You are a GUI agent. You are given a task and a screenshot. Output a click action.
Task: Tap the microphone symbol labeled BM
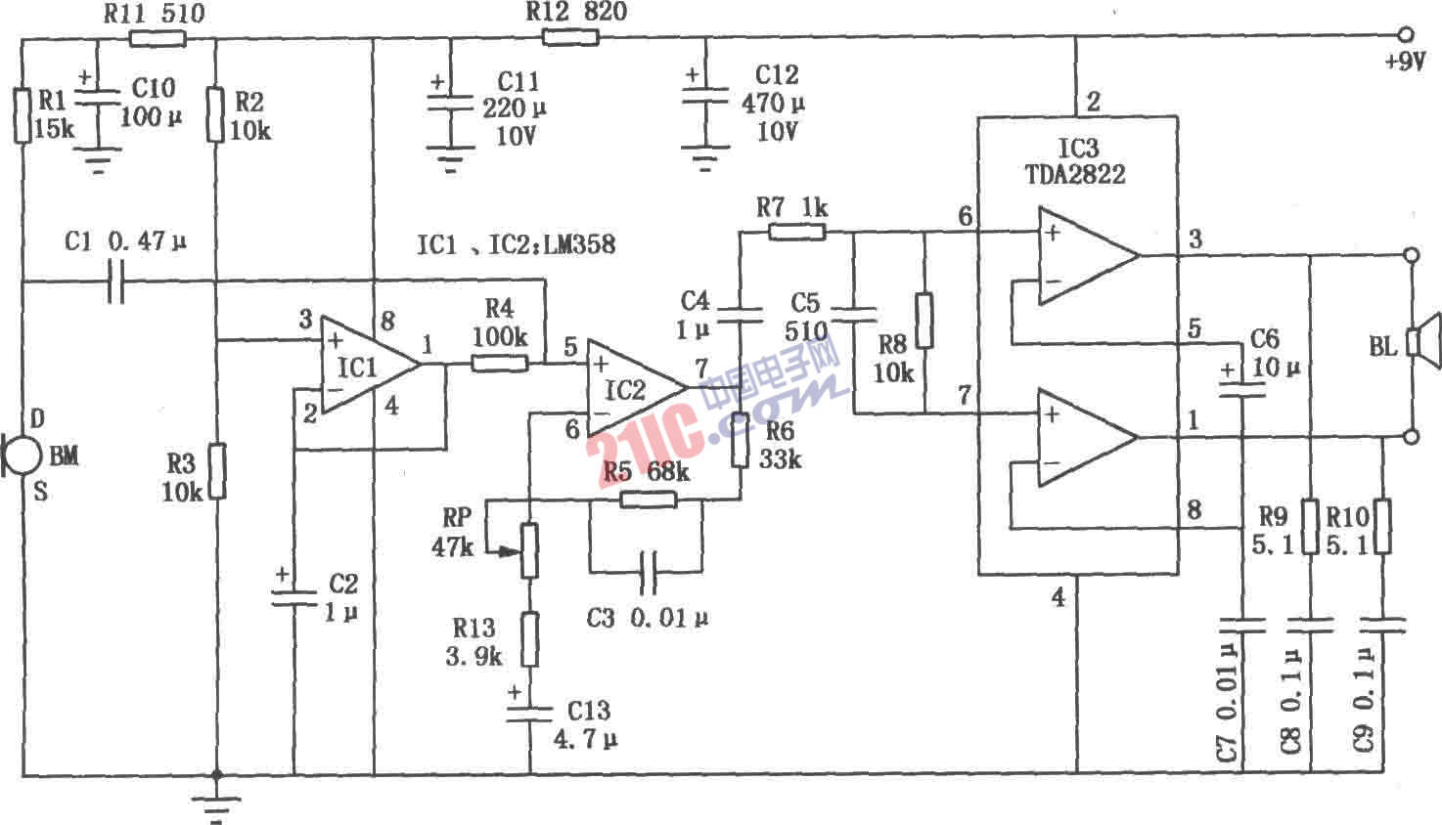click(22, 456)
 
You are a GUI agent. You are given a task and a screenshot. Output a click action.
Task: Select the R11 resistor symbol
click(158, 39)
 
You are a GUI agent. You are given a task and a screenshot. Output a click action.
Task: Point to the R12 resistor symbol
click(570, 37)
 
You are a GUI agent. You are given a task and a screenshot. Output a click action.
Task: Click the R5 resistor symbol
click(648, 499)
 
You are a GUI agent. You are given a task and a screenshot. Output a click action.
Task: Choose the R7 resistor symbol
click(797, 232)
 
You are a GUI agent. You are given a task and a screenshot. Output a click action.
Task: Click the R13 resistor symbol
click(529, 639)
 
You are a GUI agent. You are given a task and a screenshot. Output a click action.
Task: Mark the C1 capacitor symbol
click(115, 283)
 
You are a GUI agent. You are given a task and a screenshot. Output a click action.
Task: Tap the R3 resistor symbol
click(216, 471)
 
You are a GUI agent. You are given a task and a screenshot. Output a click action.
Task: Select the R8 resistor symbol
click(924, 320)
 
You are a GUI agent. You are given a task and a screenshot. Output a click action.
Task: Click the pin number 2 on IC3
click(1093, 101)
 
